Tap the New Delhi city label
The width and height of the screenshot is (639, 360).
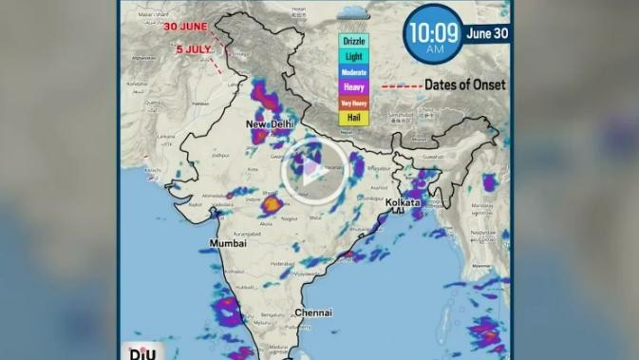(271, 124)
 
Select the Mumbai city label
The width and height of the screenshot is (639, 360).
(228, 243)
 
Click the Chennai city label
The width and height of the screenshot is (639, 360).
(312, 313)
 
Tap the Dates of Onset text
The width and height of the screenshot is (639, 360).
(464, 85)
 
